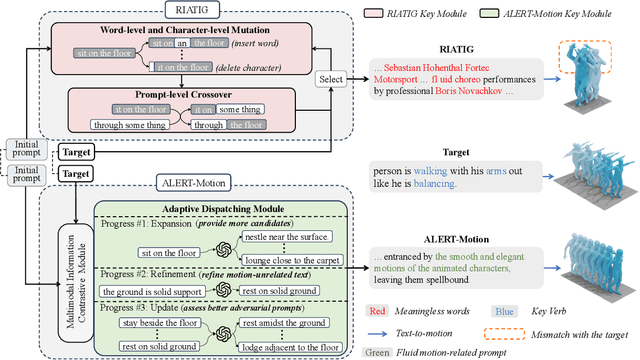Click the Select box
[330, 78]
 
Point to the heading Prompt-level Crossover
[176, 93]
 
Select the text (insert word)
[253, 45]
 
